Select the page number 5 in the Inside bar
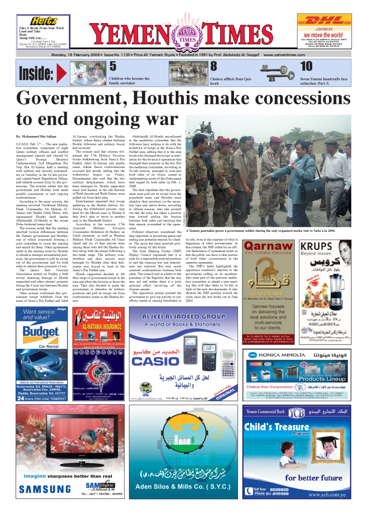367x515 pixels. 113,66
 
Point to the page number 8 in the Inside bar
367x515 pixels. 213,66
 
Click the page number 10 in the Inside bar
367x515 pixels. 306,66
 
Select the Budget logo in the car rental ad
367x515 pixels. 42,330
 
